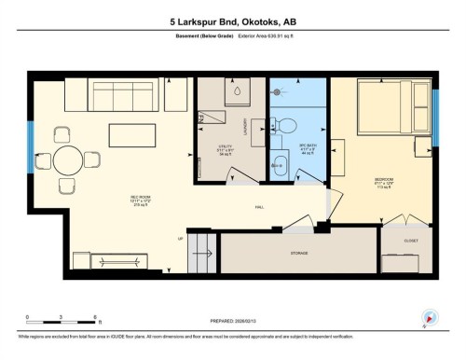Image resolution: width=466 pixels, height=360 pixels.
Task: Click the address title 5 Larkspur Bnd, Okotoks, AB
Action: pyautogui.click(x=233, y=20)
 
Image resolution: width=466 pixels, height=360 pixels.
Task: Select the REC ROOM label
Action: pyautogui.click(x=116, y=199)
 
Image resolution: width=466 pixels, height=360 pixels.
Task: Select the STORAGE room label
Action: pyautogui.click(x=298, y=253)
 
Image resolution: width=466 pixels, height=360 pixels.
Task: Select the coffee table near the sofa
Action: pyautogui.click(x=132, y=134)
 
